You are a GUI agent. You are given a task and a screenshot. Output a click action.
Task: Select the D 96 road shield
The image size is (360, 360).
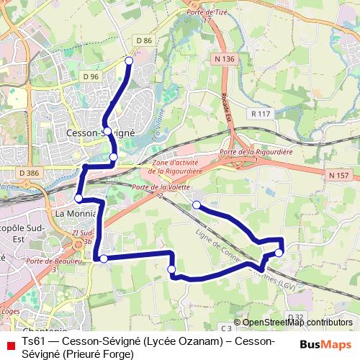(90, 76)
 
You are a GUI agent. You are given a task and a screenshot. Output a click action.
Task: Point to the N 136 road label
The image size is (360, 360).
(224, 58)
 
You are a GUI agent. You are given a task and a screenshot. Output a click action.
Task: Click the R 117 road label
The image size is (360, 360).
(259, 113)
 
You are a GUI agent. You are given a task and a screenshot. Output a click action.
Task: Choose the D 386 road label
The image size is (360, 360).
(30, 173)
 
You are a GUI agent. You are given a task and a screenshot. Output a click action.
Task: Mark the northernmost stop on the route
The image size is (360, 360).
(129, 60)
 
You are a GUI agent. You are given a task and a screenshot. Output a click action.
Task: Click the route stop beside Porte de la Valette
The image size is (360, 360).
(197, 205)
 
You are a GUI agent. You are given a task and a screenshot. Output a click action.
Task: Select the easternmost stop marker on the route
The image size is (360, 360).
(279, 253)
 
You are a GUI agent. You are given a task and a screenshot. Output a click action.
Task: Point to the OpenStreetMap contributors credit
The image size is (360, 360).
(297, 323)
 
